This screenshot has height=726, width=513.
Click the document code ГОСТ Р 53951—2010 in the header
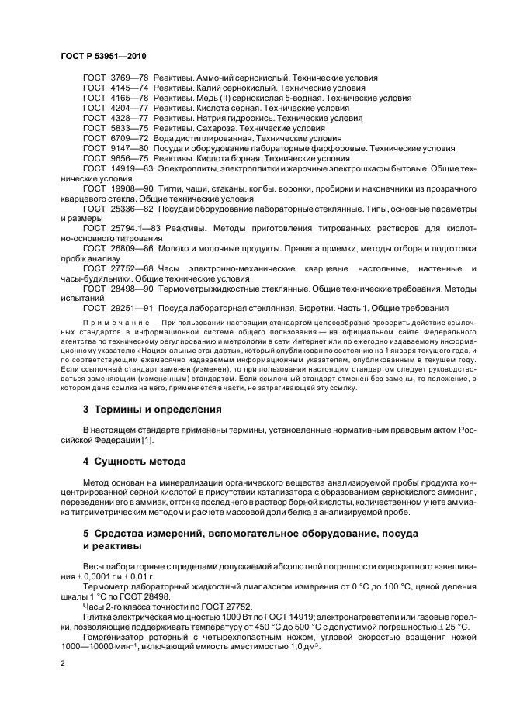coord(103,57)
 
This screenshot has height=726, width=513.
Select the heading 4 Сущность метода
coord(137,462)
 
